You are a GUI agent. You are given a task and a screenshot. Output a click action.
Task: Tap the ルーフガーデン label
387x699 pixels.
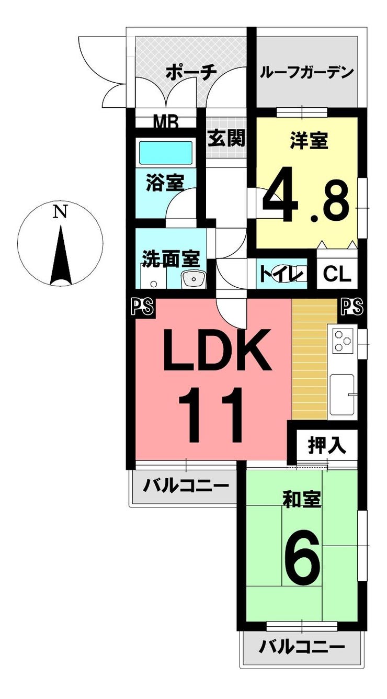307,72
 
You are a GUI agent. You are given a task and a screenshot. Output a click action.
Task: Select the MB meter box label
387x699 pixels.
166,123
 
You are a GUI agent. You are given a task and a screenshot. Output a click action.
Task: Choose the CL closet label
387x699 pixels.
337,274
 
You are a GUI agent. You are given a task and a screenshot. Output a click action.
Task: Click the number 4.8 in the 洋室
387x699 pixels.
305,199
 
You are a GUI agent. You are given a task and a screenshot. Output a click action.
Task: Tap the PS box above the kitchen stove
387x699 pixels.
351,308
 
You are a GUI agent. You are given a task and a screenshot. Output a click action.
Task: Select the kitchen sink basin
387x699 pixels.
342,397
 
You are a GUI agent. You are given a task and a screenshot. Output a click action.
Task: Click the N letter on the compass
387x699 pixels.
61,212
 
